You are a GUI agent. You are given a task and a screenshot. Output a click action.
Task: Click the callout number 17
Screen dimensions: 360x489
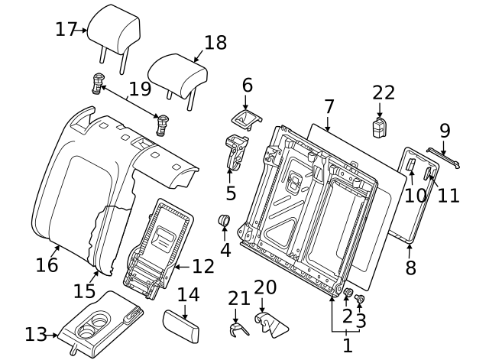66,30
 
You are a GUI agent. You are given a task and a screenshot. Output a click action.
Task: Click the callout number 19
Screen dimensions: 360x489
140,89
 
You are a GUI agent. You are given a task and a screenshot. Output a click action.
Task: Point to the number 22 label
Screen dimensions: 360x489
384,92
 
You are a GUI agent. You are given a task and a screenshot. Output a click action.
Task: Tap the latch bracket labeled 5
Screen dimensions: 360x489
235,150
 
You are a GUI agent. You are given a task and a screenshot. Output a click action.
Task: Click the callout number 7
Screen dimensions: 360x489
329,106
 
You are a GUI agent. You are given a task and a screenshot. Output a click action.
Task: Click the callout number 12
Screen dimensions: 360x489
203,267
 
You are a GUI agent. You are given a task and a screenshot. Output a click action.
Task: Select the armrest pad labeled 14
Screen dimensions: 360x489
181,326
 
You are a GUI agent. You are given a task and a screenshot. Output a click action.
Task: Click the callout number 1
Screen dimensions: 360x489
348,345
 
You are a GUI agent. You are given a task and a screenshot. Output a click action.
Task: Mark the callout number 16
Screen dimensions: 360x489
47,264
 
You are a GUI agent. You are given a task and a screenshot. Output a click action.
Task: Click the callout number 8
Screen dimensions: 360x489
410,268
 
